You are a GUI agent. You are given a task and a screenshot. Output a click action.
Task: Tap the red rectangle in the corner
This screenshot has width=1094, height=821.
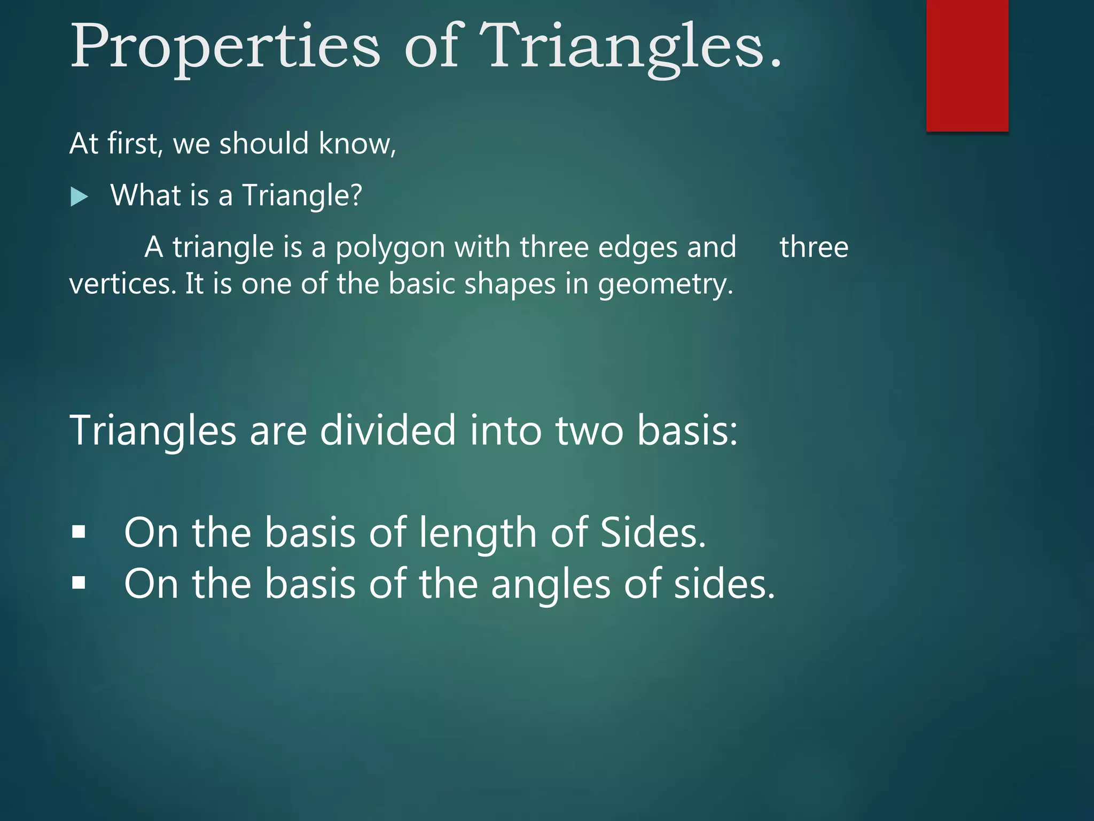[x=967, y=65]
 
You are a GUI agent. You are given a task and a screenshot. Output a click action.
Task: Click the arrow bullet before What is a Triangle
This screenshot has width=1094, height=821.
[x=79, y=197]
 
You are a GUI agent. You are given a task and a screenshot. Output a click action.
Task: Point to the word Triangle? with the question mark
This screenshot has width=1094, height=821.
[x=302, y=196]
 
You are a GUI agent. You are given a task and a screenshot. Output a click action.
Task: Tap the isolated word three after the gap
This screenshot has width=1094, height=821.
[x=814, y=247]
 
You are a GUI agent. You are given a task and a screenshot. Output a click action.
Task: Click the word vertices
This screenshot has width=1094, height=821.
[x=122, y=284]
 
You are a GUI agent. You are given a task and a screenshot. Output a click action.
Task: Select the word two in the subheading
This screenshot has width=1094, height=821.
[x=589, y=431]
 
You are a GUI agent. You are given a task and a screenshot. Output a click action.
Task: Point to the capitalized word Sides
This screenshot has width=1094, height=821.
[x=653, y=533]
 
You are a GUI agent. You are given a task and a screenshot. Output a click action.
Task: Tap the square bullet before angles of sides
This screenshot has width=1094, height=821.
[x=79, y=583]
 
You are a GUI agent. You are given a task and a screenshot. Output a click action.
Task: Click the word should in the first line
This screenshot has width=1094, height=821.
[x=264, y=144]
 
